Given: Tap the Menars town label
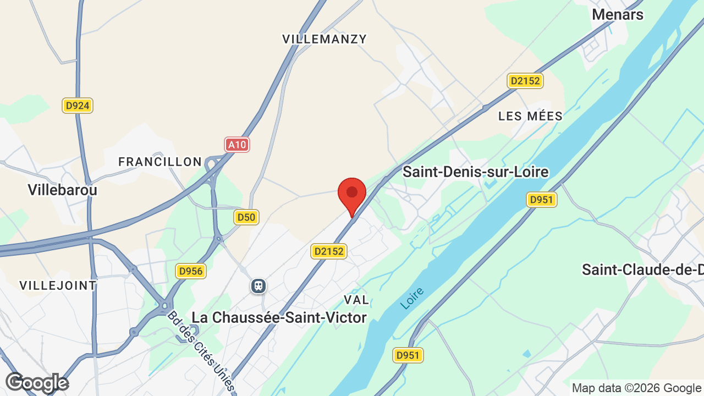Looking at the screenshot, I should click(x=617, y=15).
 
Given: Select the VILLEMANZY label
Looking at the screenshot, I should click(x=324, y=39).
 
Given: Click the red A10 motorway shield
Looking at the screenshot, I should click(x=237, y=145).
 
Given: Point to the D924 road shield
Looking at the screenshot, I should click(x=77, y=106).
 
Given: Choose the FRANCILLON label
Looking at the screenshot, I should click(x=160, y=162).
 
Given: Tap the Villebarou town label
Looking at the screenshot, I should click(x=62, y=190).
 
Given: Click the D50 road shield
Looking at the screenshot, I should click(x=246, y=217).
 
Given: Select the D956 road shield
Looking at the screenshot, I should click(x=191, y=271).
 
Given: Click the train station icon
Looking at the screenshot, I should click(x=258, y=286).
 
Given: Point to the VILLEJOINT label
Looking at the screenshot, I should click(x=58, y=285).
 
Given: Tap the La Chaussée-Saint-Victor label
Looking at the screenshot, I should click(x=279, y=317).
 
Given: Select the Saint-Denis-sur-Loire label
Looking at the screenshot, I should click(x=476, y=172).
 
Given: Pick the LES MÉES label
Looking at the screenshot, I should click(x=530, y=116).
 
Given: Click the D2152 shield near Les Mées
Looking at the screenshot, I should click(x=525, y=81).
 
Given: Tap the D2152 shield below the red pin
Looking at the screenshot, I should click(x=329, y=251).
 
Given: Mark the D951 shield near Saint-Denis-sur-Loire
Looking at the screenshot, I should click(x=541, y=199).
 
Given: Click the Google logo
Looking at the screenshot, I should click(x=37, y=383).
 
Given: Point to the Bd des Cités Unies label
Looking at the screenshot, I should click(x=201, y=353).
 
